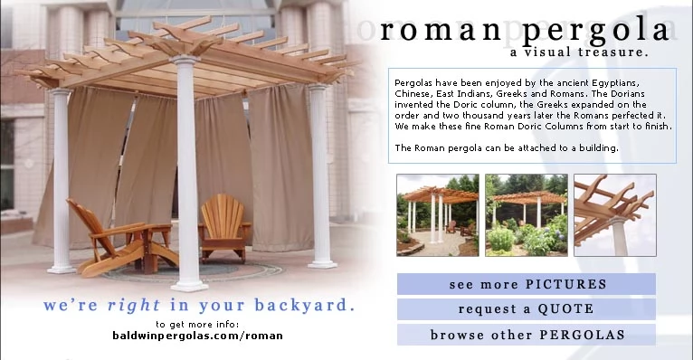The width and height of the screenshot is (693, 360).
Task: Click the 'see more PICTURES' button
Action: pos(527,284)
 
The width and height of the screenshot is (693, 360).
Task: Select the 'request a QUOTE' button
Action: pos(527,309)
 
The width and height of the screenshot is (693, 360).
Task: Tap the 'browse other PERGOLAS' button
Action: pos(527,335)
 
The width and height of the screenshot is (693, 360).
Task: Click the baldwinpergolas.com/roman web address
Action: pos(197,336)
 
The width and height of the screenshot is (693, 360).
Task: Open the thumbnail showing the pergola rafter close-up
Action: pos(615,215)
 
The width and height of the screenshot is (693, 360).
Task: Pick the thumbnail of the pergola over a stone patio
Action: pos(438,215)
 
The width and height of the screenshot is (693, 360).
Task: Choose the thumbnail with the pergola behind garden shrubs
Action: pos(527,215)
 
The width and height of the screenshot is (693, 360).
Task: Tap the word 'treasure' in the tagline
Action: pos(613,52)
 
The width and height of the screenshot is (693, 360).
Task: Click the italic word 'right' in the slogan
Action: pos(134,305)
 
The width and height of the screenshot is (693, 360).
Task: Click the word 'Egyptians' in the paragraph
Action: pos(616,83)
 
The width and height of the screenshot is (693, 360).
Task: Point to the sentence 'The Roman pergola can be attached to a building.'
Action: pos(507,148)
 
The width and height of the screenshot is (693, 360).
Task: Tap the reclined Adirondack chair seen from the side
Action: pos(122,239)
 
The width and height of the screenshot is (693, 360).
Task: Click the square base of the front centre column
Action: pos(189,287)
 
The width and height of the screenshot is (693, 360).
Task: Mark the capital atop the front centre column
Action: pos(185,60)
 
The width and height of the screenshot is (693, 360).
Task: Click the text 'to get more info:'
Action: pos(197,325)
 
